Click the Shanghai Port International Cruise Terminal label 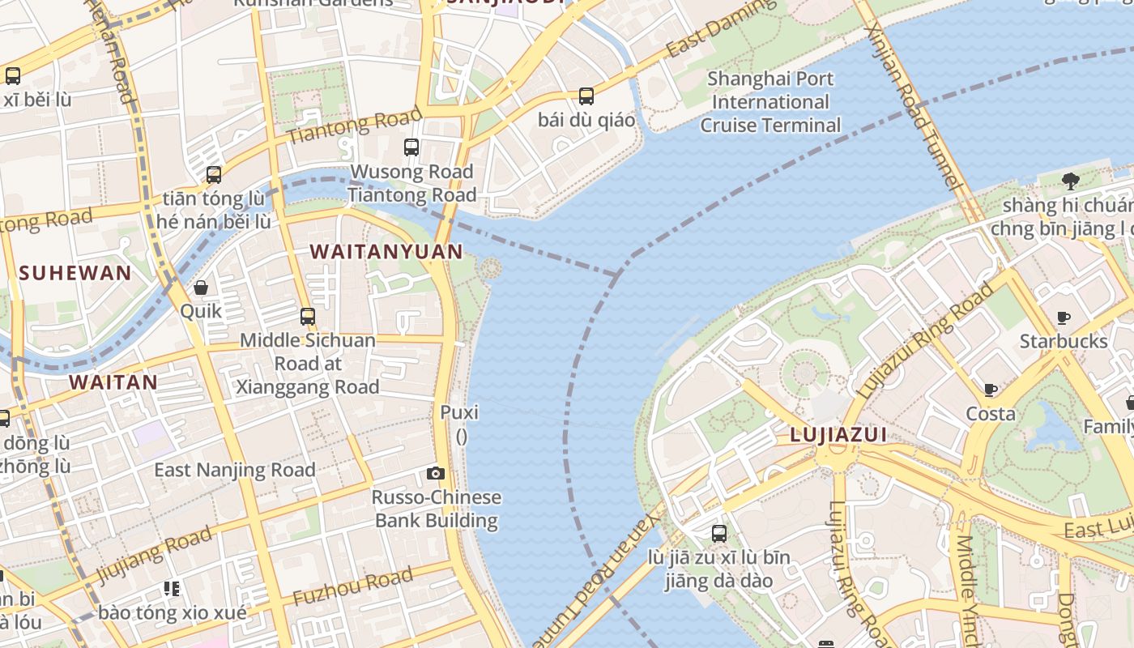tap(770, 102)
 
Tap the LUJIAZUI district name tap(838, 436)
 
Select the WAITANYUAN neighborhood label tap(386, 252)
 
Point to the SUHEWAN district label tap(75, 273)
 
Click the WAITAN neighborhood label tap(113, 382)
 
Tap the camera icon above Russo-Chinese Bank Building tap(436, 474)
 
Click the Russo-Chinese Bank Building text tap(437, 509)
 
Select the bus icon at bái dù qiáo tap(586, 96)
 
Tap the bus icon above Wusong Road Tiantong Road tap(411, 147)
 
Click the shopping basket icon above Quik tap(201, 288)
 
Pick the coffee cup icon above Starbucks tap(1064, 318)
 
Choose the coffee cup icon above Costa tap(991, 390)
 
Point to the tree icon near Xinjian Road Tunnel tap(1070, 181)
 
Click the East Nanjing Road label tap(235, 470)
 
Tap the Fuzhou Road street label tap(352, 587)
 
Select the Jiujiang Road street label tap(154, 554)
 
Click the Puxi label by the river tap(459, 412)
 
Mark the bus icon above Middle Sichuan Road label tap(308, 317)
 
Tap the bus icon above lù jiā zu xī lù tap(719, 534)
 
